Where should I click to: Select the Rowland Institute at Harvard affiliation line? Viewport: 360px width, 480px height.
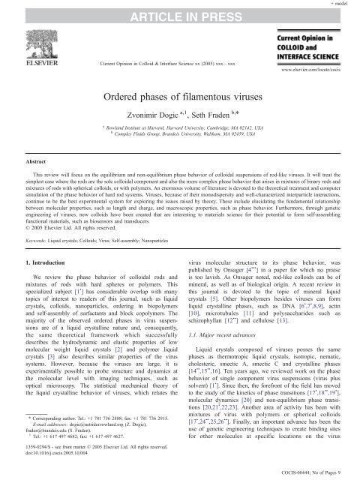point(180,128)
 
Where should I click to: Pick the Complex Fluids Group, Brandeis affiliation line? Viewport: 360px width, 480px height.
point(180,135)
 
